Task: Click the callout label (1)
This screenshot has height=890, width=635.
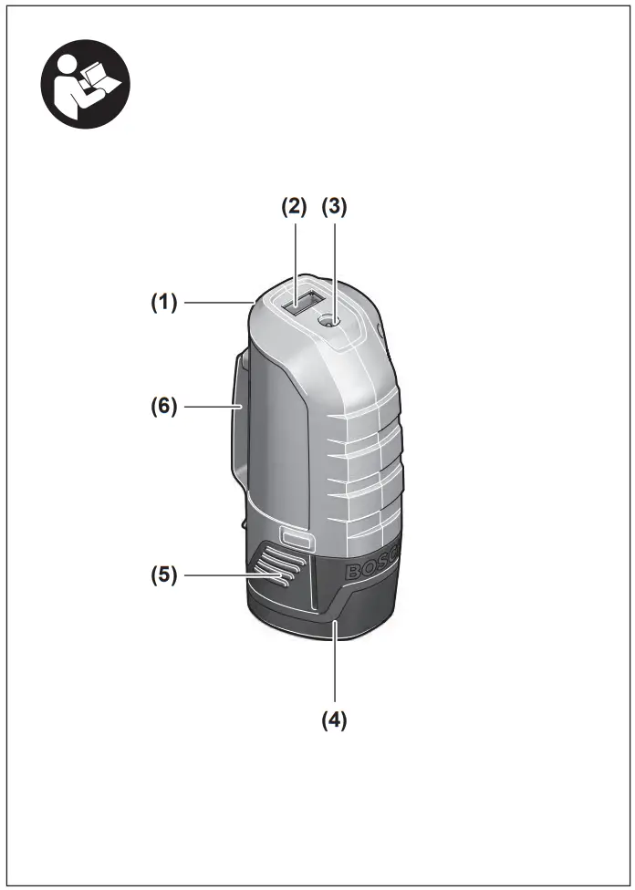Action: coord(164,303)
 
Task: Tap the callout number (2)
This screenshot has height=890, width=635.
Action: coord(294,206)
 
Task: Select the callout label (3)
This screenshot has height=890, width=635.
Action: coord(335,206)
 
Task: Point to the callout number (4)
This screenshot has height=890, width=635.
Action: coord(333,719)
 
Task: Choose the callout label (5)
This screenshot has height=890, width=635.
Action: coord(164,575)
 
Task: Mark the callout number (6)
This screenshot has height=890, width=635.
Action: coord(164,405)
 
